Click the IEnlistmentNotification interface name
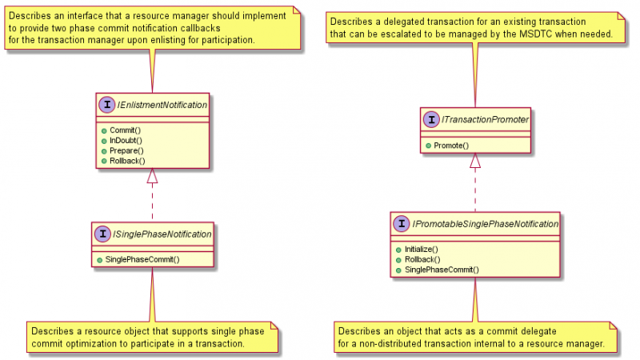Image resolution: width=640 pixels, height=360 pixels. tap(162, 105)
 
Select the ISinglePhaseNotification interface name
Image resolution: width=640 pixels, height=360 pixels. tap(162, 234)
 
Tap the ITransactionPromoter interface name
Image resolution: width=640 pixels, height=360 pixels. tap(485, 119)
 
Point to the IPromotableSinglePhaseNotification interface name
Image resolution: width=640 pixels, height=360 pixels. tap(486, 224)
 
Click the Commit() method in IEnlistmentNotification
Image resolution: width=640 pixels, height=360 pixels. tap(125, 130)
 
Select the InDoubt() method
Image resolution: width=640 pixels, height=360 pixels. tap(126, 141)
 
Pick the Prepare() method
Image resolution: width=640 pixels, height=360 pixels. tap(126, 150)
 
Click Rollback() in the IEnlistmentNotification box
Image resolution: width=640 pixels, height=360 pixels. tap(127, 161)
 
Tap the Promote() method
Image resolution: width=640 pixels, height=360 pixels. tap(451, 146)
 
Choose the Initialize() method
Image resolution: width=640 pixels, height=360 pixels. tap(422, 249)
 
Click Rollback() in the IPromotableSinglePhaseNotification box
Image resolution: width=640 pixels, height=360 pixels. tap(422, 259)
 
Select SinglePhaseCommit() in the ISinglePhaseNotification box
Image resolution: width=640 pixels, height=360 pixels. tap(142, 259)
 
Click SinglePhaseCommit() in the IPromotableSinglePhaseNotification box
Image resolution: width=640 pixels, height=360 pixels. tap(442, 270)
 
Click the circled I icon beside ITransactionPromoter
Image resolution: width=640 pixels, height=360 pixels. tap(431, 119)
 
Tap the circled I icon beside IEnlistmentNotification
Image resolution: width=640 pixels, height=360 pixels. tap(107, 105)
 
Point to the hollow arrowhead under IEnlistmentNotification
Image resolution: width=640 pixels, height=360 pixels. tap(152, 176)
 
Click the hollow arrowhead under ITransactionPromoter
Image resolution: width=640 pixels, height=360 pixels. tap(475, 161)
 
